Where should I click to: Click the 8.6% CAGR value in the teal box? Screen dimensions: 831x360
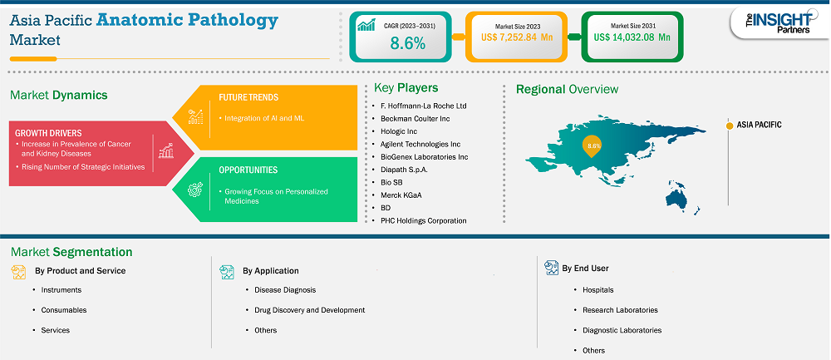(407, 44)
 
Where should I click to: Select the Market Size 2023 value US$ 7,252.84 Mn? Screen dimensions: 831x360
(516, 37)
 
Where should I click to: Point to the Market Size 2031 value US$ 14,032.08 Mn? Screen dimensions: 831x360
(632, 37)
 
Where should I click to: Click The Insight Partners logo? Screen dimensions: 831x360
(779, 22)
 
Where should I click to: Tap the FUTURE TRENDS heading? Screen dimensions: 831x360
(248, 97)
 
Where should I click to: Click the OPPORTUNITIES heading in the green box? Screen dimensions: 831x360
(248, 170)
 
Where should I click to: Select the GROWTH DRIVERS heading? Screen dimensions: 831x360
(48, 133)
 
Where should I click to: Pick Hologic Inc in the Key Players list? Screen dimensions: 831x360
(399, 131)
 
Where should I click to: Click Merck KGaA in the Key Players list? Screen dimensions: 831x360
(401, 195)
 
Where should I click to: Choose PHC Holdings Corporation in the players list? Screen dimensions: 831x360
(424, 220)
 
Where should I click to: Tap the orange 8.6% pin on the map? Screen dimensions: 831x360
(593, 146)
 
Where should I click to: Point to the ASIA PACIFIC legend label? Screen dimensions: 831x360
(759, 125)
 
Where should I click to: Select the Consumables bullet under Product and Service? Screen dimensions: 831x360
(64, 309)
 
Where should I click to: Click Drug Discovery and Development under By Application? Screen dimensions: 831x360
(309, 309)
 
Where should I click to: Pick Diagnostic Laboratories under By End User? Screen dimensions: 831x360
(622, 330)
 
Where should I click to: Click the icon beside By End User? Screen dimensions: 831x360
(552, 268)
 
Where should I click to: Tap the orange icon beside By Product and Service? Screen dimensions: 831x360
(18, 272)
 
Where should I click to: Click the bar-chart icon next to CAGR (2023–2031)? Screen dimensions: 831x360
(366, 25)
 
